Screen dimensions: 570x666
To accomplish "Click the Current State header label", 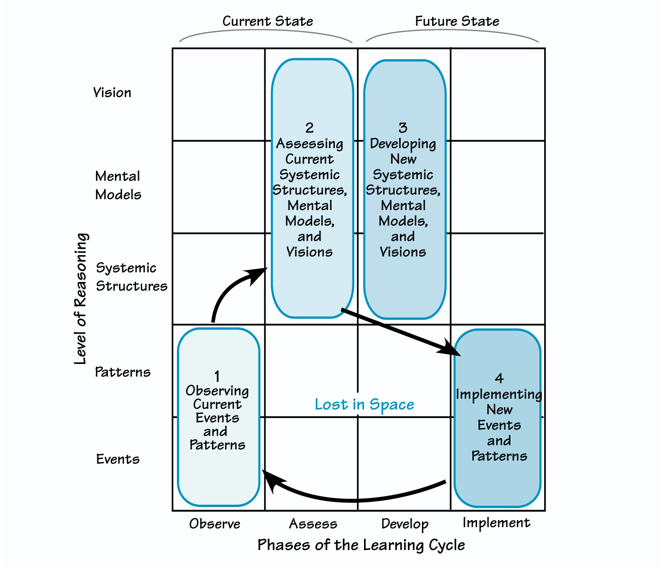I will (268, 21).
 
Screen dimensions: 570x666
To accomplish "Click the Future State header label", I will (457, 21).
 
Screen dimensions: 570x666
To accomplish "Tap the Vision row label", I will (112, 93).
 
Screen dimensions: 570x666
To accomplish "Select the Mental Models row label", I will (118, 185).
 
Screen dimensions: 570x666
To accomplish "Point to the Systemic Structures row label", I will (132, 277).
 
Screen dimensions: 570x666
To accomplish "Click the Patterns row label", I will (123, 372).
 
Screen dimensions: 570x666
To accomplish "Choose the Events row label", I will (118, 459).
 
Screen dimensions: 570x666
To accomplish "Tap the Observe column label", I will (214, 524).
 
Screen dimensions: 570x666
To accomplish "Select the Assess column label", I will (313, 524).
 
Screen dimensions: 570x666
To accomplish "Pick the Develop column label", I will (405, 524).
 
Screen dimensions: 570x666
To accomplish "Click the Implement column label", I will (496, 522).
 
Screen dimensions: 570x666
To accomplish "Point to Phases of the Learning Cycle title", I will (361, 545).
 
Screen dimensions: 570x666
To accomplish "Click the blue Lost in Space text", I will (364, 404).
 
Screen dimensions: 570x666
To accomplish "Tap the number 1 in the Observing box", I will (217, 376).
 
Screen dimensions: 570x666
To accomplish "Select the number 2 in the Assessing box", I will (309, 127).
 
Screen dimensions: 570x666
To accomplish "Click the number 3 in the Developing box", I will (403, 127).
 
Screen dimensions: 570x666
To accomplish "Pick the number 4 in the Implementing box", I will (499, 378).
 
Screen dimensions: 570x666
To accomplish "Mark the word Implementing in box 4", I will (499, 395).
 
